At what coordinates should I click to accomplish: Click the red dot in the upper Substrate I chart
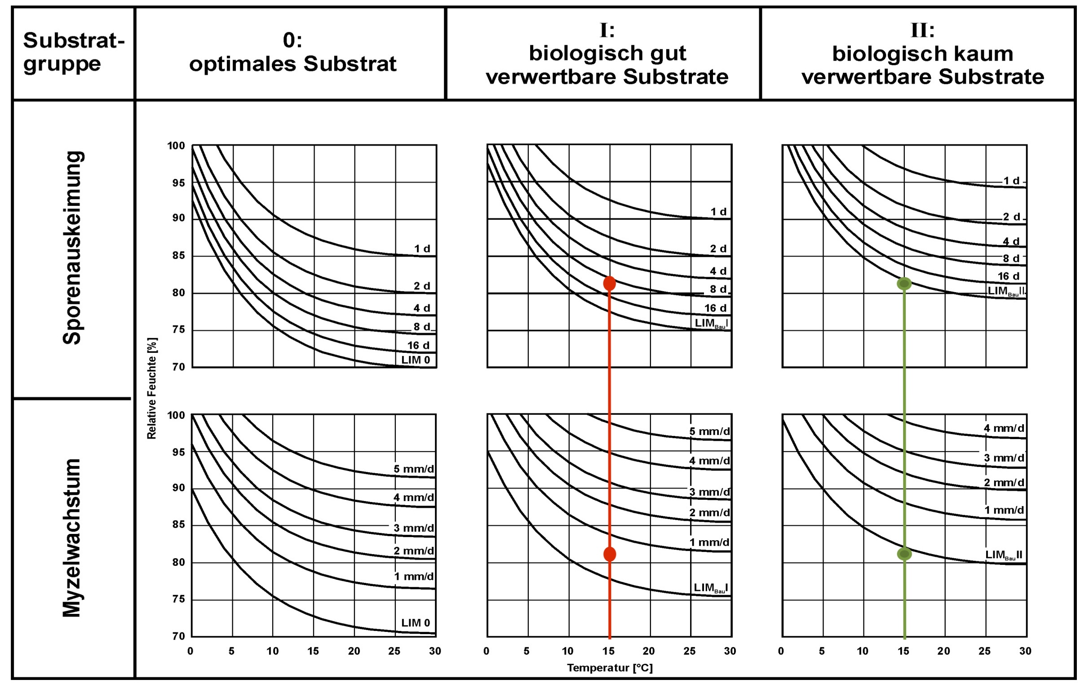coord(610,283)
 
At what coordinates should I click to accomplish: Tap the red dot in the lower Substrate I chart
coord(610,554)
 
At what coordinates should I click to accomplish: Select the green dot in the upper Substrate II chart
coord(904,284)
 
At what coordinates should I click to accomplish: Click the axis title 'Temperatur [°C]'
coord(610,668)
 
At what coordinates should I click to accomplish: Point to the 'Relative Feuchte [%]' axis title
coord(151,388)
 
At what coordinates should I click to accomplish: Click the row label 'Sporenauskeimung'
coord(72,248)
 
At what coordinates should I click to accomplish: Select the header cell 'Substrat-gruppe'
coord(73,52)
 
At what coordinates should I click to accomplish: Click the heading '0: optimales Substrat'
coord(292,52)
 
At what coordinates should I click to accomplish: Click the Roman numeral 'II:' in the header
coord(922,30)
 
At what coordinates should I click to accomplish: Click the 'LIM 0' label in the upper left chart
coord(415,360)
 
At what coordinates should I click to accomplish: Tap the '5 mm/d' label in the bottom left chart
coord(413,469)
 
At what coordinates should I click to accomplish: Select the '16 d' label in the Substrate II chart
coord(1009,276)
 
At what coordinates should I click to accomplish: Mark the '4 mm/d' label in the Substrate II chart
coord(1004,428)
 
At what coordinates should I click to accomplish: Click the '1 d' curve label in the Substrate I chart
coord(718,212)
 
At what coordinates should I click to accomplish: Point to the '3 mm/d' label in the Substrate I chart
coord(709,492)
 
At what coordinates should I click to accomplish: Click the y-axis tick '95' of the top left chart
coord(177,183)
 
